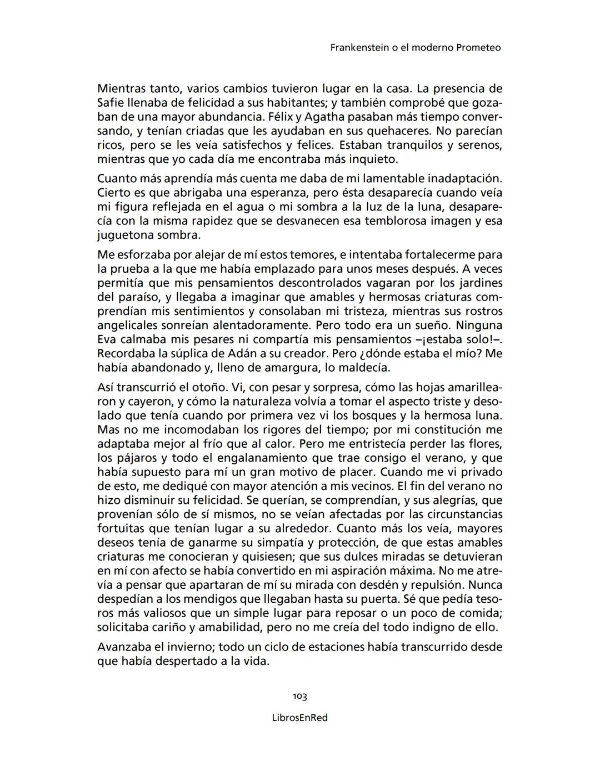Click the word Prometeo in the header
pyautogui.click(x=478, y=48)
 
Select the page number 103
pyautogui.click(x=300, y=697)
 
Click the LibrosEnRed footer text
pyautogui.click(x=300, y=718)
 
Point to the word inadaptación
pyautogui.click(x=466, y=179)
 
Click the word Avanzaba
pyautogui.click(x=124, y=647)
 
